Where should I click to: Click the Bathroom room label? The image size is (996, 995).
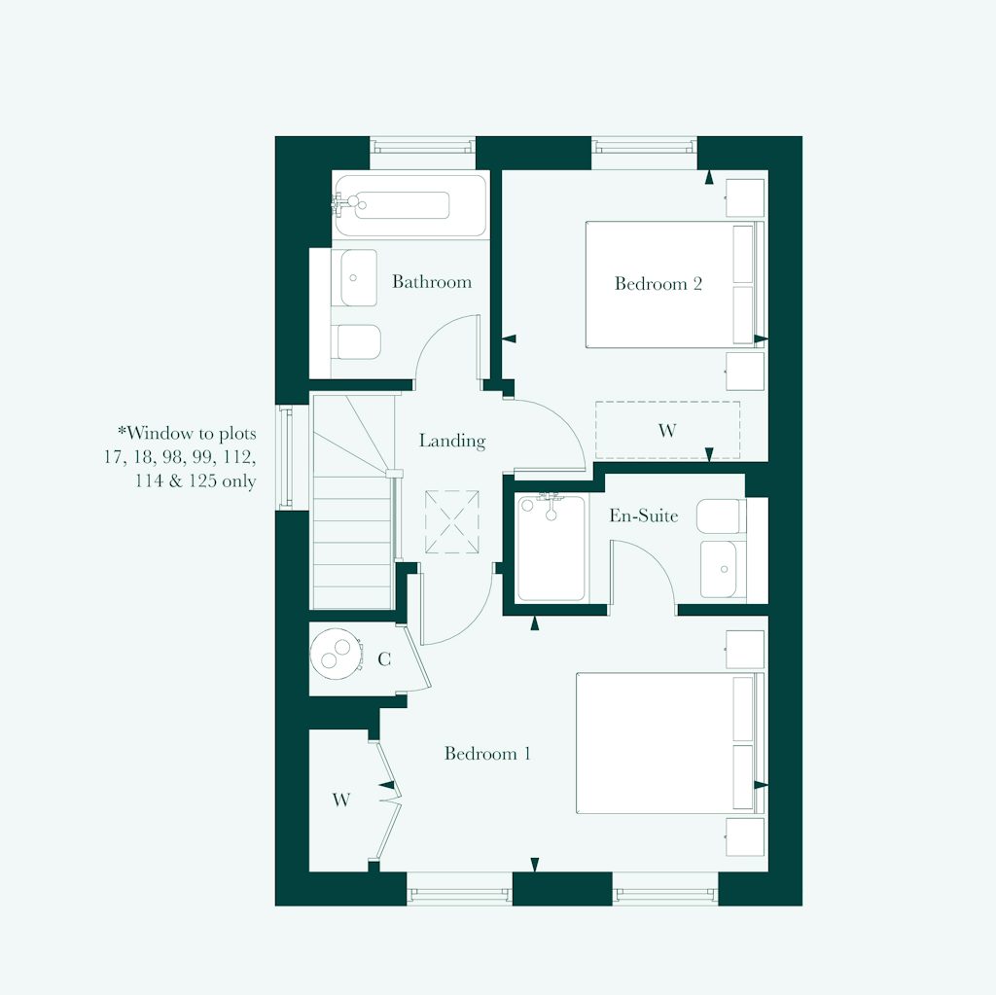coord(432,282)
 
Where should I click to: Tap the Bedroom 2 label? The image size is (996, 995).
coord(658,284)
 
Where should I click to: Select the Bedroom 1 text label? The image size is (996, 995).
coord(487,754)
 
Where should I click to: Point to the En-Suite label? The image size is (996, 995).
coord(643,515)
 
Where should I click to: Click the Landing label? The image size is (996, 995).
coord(451,441)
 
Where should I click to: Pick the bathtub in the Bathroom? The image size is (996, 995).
coord(409,205)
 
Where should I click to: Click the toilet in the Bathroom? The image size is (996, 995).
coord(355,340)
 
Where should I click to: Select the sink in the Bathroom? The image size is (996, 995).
coord(357,277)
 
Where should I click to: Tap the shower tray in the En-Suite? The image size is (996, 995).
coord(551,549)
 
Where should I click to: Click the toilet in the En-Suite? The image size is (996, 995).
coord(722,515)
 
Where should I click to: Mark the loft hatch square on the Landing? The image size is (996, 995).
coord(451,522)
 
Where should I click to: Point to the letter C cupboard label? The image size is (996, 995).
coord(384,660)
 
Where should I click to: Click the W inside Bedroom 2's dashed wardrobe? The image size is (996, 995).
coord(666,431)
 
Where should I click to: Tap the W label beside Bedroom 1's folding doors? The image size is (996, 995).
coord(340,800)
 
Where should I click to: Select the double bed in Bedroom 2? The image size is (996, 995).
coord(671,284)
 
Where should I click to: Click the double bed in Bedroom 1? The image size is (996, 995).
coord(666,742)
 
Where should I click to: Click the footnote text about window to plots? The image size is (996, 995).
coord(183,456)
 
